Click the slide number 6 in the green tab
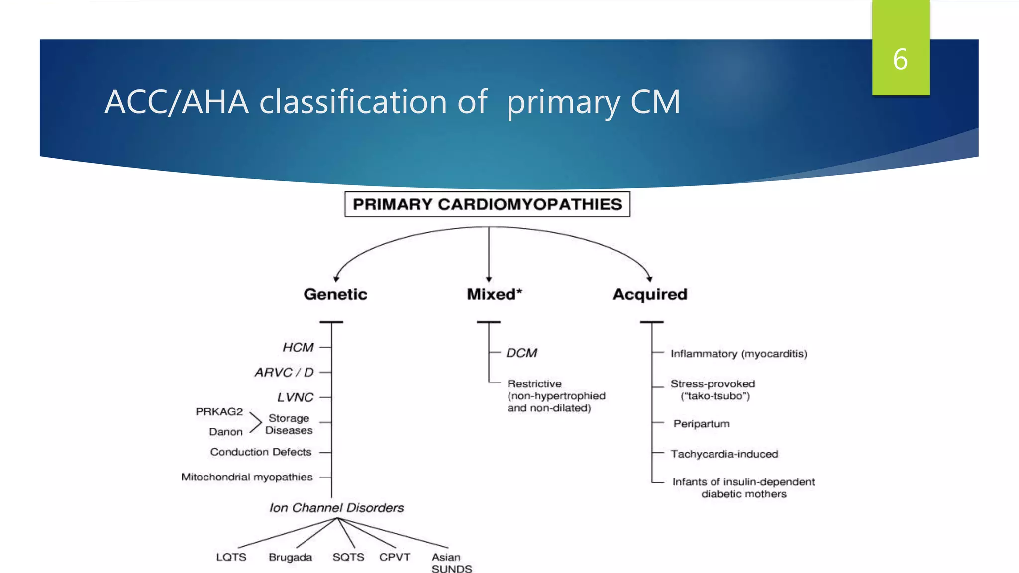(900, 59)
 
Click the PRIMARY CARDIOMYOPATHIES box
(487, 204)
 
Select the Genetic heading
(335, 294)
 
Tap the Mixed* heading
(494, 294)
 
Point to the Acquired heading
(650, 294)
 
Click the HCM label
(298, 347)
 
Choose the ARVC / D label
(284, 372)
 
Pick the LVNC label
(295, 397)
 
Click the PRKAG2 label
(219, 412)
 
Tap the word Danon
(226, 432)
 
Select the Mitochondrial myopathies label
(247, 477)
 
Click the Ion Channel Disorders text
(336, 508)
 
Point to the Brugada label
(290, 557)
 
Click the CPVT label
(395, 557)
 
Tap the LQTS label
(231, 557)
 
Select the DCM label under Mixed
(521, 353)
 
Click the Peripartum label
(701, 424)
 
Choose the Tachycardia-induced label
(724, 454)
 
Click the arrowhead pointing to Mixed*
(489, 279)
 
